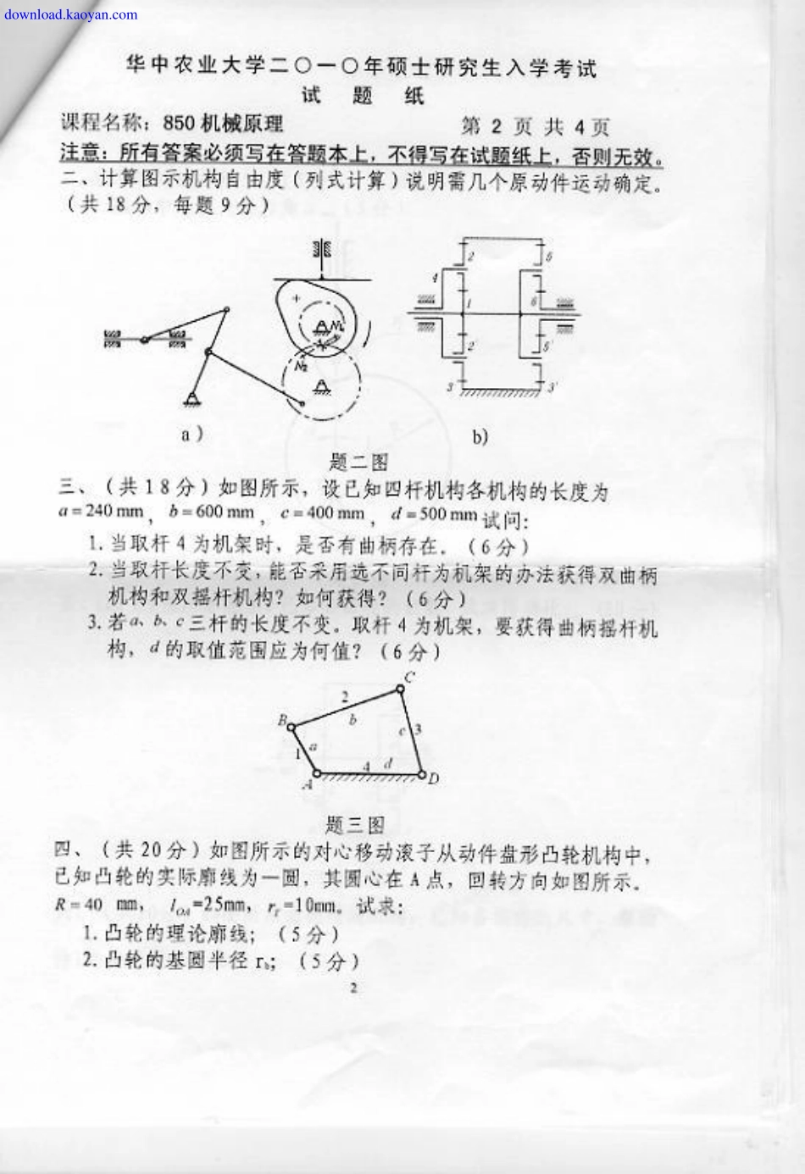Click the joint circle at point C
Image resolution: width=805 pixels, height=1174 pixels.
401,688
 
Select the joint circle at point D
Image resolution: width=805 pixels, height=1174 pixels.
421,773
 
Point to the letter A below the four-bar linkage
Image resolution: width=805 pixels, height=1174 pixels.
308,785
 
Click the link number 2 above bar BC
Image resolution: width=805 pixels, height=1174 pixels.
344,697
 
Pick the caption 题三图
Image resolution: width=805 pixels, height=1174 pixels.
355,825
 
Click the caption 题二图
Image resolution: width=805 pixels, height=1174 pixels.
358,462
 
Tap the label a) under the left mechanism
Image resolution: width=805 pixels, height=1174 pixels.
192,434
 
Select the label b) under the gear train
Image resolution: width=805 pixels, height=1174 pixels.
480,437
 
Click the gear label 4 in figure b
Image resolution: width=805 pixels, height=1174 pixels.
435,277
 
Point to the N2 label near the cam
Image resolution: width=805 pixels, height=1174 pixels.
301,365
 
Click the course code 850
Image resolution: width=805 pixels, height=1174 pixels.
179,124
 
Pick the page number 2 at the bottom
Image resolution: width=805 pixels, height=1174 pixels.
353,987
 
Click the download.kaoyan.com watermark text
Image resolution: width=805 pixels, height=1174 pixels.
70,14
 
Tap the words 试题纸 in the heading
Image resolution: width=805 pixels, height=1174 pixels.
362,96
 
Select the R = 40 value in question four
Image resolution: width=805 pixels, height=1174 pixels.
79,904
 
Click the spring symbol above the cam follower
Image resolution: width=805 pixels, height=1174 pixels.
321,250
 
